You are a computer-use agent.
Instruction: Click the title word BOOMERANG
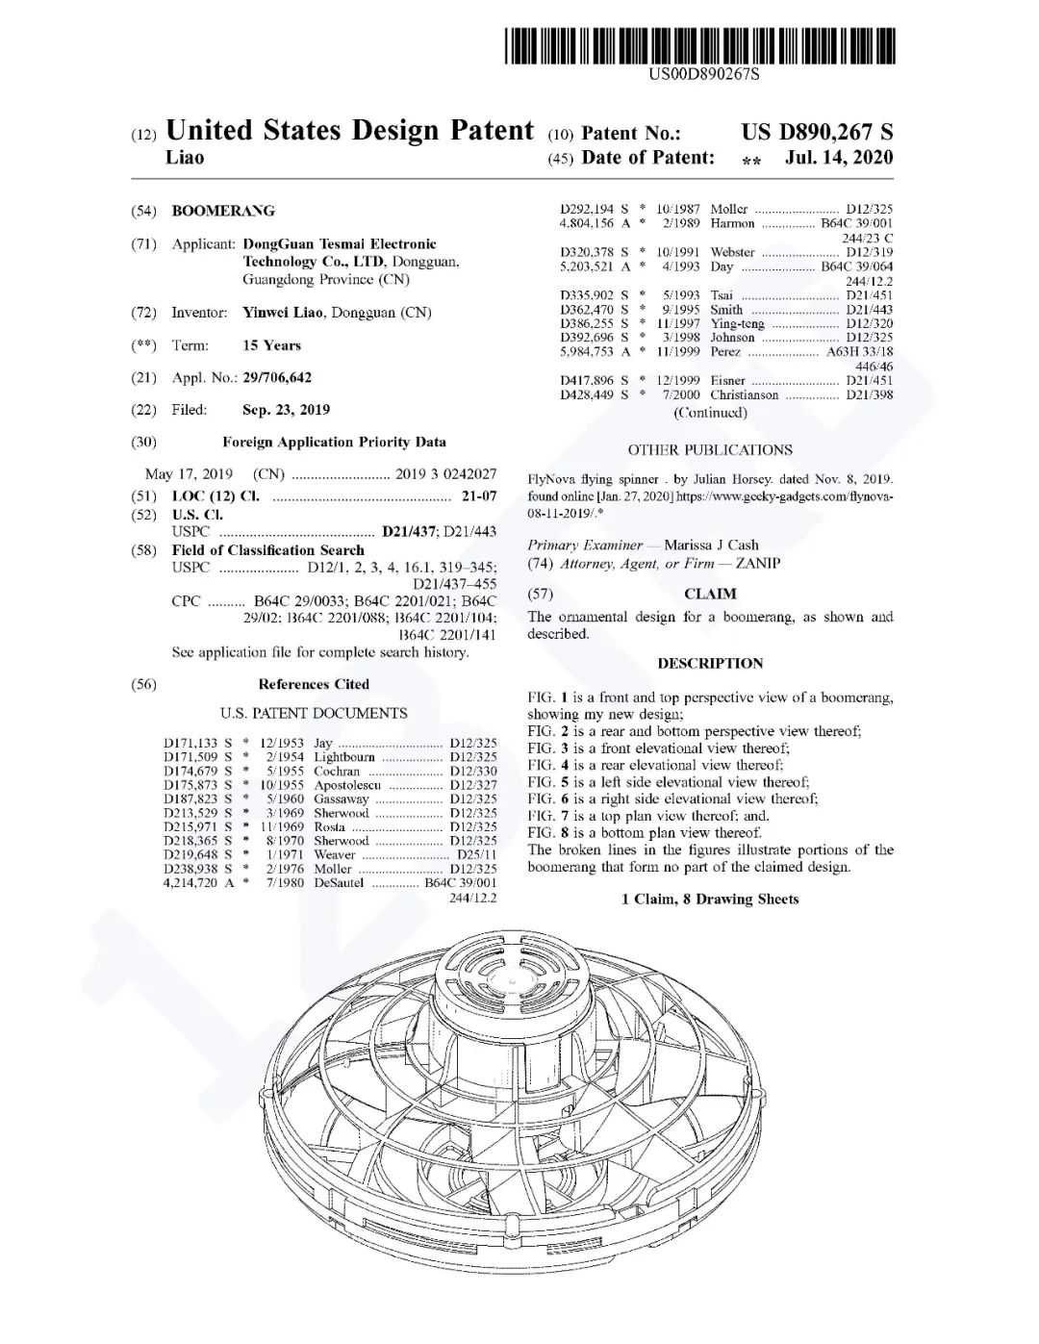coord(223,211)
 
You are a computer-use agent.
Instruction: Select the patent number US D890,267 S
coord(817,133)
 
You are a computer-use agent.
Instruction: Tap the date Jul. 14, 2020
coord(839,158)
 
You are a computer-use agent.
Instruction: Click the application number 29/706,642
coord(277,378)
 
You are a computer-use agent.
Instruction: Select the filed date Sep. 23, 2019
coord(286,410)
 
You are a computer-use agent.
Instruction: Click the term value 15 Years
coord(271,345)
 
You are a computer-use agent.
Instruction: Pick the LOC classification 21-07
coord(479,496)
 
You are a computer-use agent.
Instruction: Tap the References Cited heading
coord(314,685)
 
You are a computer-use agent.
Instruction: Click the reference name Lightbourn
coord(344,757)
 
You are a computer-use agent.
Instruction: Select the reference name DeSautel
coord(340,882)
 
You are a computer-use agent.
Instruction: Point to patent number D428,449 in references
coord(587,395)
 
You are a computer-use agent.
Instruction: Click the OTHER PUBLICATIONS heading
coord(710,450)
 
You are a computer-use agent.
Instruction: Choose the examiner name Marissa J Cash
coord(711,545)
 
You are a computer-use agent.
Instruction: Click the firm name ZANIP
coord(758,564)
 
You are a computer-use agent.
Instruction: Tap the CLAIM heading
coord(710,595)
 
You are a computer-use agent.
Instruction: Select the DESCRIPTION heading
coord(710,664)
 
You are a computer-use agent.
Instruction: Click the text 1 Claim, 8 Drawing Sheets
coord(710,900)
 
